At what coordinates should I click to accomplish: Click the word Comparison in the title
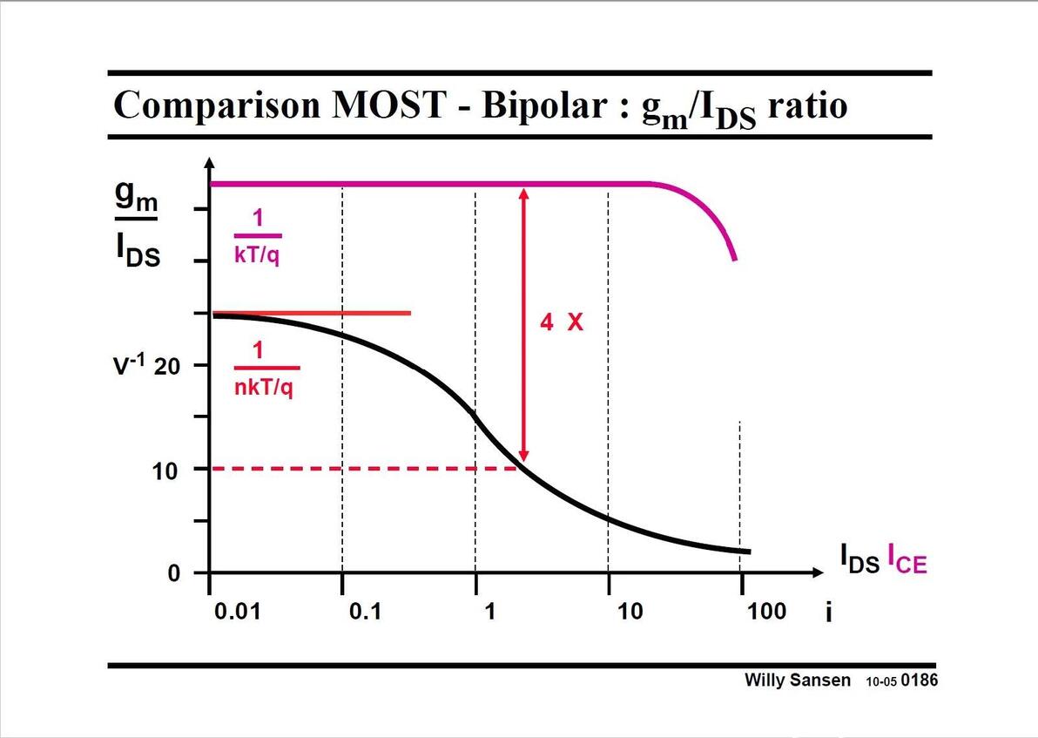[216, 105]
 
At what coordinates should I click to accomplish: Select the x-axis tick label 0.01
[236, 611]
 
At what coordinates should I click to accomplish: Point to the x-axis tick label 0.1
[365, 611]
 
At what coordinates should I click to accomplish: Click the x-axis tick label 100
[766, 611]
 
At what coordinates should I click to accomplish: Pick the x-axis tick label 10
[630, 611]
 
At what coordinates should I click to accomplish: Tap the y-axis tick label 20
[166, 366]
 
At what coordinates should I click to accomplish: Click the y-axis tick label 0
[173, 574]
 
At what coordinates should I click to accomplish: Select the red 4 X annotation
[561, 322]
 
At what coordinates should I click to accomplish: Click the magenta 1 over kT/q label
[258, 236]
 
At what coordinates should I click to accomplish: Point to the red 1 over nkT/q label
[263, 369]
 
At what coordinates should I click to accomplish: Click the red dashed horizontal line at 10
[366, 469]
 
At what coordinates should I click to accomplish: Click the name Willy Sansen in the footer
[797, 680]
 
